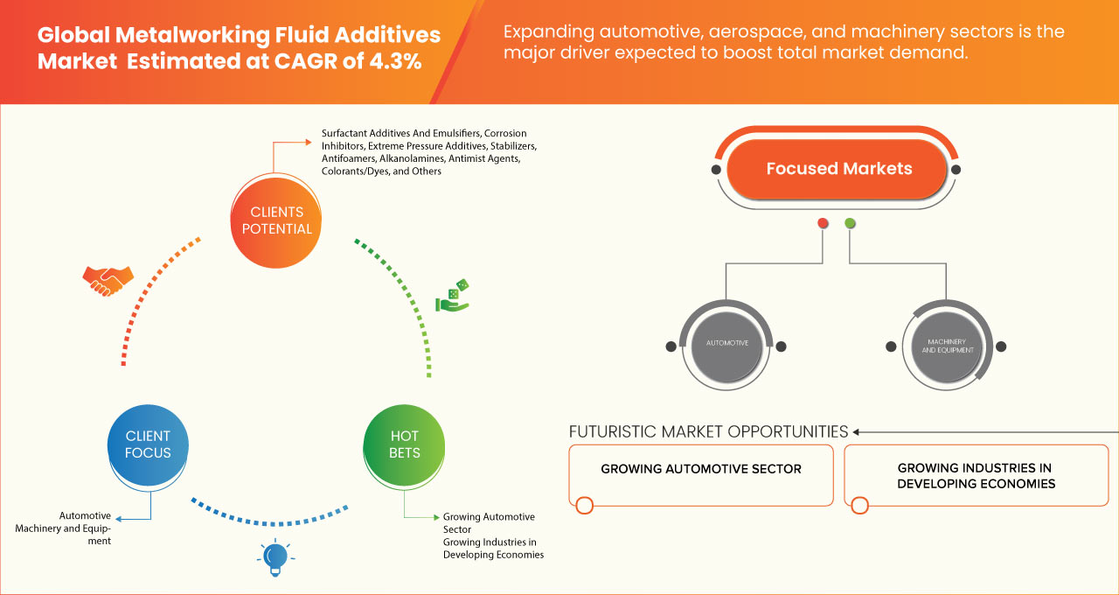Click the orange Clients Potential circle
pos(275,220)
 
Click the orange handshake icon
pos(108,279)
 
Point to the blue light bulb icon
pos(275,556)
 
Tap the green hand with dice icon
pos(453,296)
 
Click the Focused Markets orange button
pos(838,169)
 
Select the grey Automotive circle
pos(726,344)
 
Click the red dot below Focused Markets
pos(823,224)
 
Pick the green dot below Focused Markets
pos(850,224)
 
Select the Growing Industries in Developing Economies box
pos(976,476)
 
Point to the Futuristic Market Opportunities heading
pos(708,431)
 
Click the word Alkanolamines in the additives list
pos(413,158)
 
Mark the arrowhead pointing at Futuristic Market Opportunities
pos(857,431)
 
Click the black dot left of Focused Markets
pos(716,169)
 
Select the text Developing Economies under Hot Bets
pos(493,555)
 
